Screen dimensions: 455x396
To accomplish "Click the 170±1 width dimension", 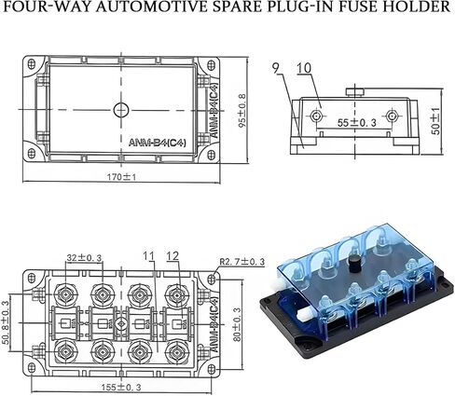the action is pos(121,177).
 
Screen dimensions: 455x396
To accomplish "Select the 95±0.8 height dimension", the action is pos(242,110).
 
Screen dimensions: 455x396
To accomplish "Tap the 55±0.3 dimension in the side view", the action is pos(357,123).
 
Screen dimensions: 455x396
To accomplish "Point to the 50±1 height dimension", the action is pos(436,121).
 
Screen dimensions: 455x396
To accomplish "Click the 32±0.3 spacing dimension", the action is pos(84,258).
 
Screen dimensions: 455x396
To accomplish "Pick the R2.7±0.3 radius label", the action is pos(242,262).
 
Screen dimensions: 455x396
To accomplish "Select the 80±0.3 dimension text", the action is pos(238,324).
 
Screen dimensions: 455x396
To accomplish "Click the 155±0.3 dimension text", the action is pos(121,388).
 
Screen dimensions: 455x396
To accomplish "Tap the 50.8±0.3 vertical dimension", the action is pos(6,322).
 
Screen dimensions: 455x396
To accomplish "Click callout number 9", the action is pos(275,68).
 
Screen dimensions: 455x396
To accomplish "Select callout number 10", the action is pos(304,68).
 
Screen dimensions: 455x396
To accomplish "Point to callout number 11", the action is pos(149,256).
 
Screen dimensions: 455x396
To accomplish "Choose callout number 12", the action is pos(172,256).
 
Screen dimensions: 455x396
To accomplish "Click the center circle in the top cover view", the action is pos(121,110).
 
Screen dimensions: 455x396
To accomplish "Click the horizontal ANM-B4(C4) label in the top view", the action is pos(158,143).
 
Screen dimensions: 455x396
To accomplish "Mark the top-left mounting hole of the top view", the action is pos(32,64).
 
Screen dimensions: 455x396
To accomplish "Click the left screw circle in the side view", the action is pos(316,116).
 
